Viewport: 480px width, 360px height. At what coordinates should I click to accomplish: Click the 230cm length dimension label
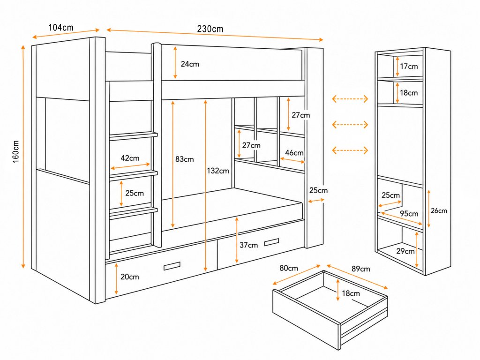coord(210,29)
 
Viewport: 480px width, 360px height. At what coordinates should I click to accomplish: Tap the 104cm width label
coord(61,28)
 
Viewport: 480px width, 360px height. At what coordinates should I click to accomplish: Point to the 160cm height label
coord(15,151)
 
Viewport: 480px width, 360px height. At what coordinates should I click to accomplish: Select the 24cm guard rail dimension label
coord(190,64)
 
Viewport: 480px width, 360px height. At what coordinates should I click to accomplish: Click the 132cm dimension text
coord(217,171)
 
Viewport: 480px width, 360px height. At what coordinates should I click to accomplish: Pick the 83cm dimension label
coord(184,159)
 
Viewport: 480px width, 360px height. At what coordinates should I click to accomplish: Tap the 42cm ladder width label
coord(130,158)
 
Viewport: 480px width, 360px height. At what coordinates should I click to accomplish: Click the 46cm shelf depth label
coord(294,152)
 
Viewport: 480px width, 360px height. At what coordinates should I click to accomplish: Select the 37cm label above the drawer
coord(248,245)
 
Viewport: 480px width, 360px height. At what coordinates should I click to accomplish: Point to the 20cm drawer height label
coord(129,277)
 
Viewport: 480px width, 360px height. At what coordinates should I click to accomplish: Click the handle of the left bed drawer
coord(172,266)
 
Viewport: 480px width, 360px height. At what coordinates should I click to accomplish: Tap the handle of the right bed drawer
coord(271,242)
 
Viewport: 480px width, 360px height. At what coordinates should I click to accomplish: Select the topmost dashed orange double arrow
coord(350,99)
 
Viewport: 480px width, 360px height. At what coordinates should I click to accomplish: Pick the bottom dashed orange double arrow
coord(350,150)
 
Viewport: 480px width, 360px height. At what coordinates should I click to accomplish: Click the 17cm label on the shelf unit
coord(409,66)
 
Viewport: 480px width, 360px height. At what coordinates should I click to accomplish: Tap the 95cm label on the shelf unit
coord(409,213)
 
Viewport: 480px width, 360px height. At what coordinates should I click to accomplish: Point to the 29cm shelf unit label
coord(405,251)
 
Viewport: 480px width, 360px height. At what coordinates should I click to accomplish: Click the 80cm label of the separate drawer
coord(289,268)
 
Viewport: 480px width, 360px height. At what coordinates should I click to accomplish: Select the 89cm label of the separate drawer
coord(360,269)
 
